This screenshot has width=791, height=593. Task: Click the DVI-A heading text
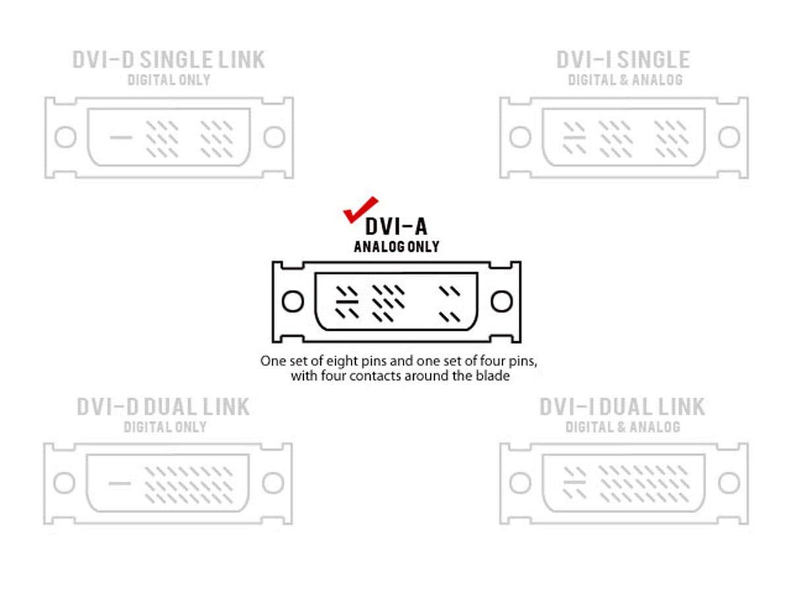click(x=396, y=226)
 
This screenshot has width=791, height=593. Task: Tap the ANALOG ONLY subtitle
click(x=396, y=247)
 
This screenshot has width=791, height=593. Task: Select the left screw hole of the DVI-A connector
click(x=292, y=302)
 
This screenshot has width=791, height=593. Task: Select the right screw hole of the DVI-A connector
click(x=502, y=302)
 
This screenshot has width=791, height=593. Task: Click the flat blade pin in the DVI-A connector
click(x=347, y=302)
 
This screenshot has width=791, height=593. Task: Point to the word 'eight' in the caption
click(x=342, y=361)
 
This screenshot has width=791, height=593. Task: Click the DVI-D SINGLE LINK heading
click(x=168, y=59)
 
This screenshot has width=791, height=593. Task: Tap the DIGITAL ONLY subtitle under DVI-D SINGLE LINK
click(x=168, y=80)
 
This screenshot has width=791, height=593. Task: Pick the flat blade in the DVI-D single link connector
click(x=121, y=137)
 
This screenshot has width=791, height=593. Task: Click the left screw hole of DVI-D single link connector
click(x=66, y=137)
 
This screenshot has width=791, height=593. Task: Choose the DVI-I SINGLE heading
click(x=623, y=59)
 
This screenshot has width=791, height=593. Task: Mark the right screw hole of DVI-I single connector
click(x=729, y=137)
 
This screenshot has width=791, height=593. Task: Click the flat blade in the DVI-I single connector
click(x=575, y=137)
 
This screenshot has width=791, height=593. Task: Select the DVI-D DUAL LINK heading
click(x=163, y=407)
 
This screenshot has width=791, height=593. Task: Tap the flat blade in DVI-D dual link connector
click(x=119, y=483)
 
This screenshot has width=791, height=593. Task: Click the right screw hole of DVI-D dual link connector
click(x=273, y=483)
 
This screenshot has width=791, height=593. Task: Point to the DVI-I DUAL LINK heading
click(x=622, y=407)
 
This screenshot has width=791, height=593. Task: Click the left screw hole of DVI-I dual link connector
click(x=520, y=483)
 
